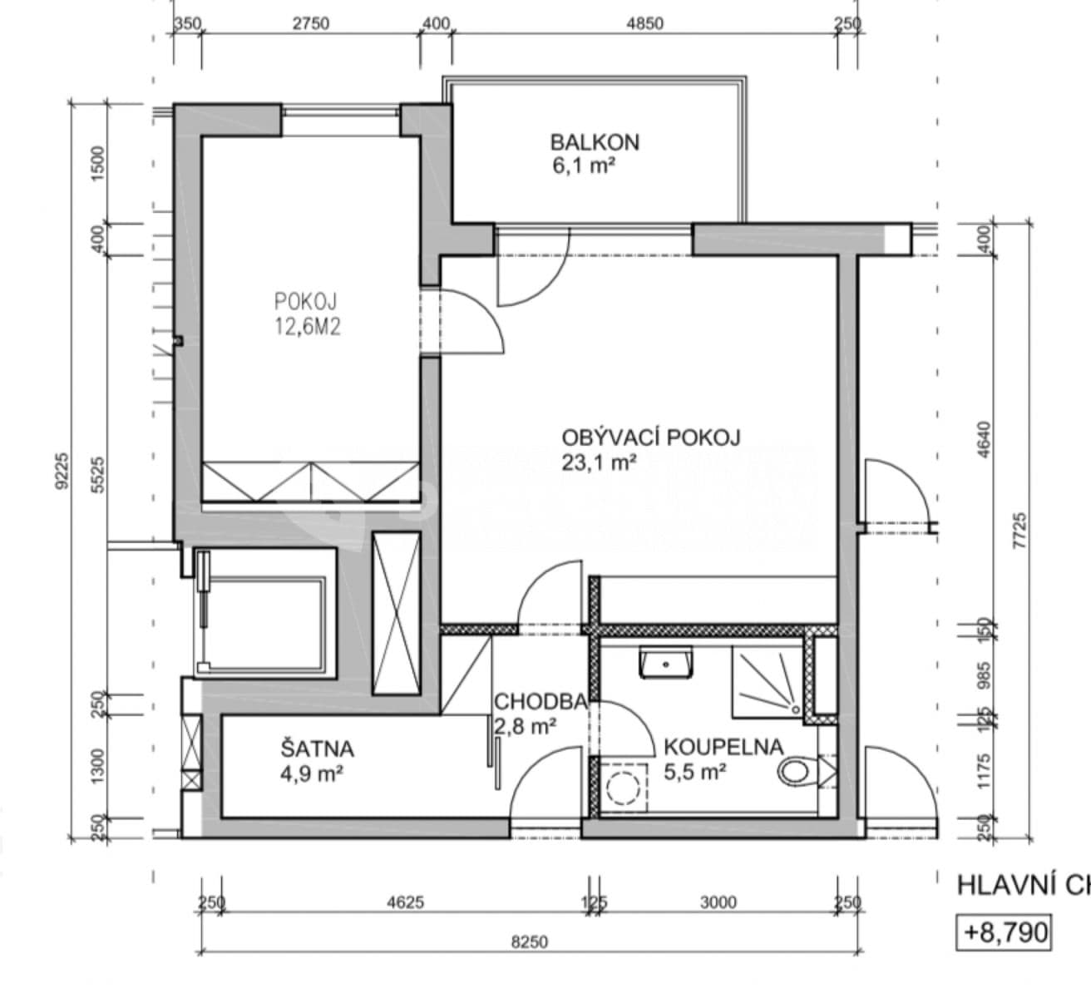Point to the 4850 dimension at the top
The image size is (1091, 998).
[x=644, y=23]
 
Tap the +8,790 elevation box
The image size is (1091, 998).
[x=1004, y=932]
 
